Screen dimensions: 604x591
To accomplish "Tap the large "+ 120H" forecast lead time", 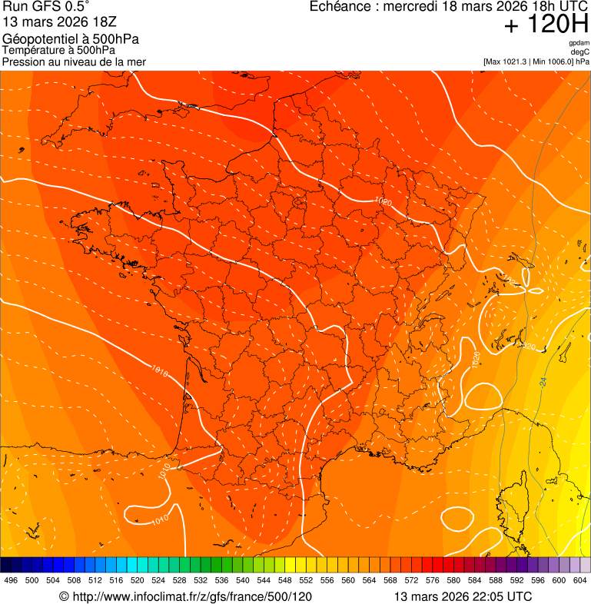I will (x=546, y=25).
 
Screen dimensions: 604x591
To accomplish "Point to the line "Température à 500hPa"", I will (x=58, y=51).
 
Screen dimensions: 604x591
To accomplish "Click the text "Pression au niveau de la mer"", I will (x=74, y=61).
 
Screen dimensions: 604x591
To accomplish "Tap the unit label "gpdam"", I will (x=579, y=43).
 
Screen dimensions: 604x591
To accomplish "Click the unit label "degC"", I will (x=580, y=51).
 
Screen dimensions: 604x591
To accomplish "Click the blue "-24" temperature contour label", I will (x=543, y=380).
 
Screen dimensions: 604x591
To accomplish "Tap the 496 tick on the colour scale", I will (x=11, y=581).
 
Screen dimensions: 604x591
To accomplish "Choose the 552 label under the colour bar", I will (x=306, y=581).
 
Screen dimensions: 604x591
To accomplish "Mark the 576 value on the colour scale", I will (x=433, y=581).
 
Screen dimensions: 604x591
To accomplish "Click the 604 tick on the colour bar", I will (x=580, y=581).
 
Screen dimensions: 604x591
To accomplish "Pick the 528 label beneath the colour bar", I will (x=180, y=581).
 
